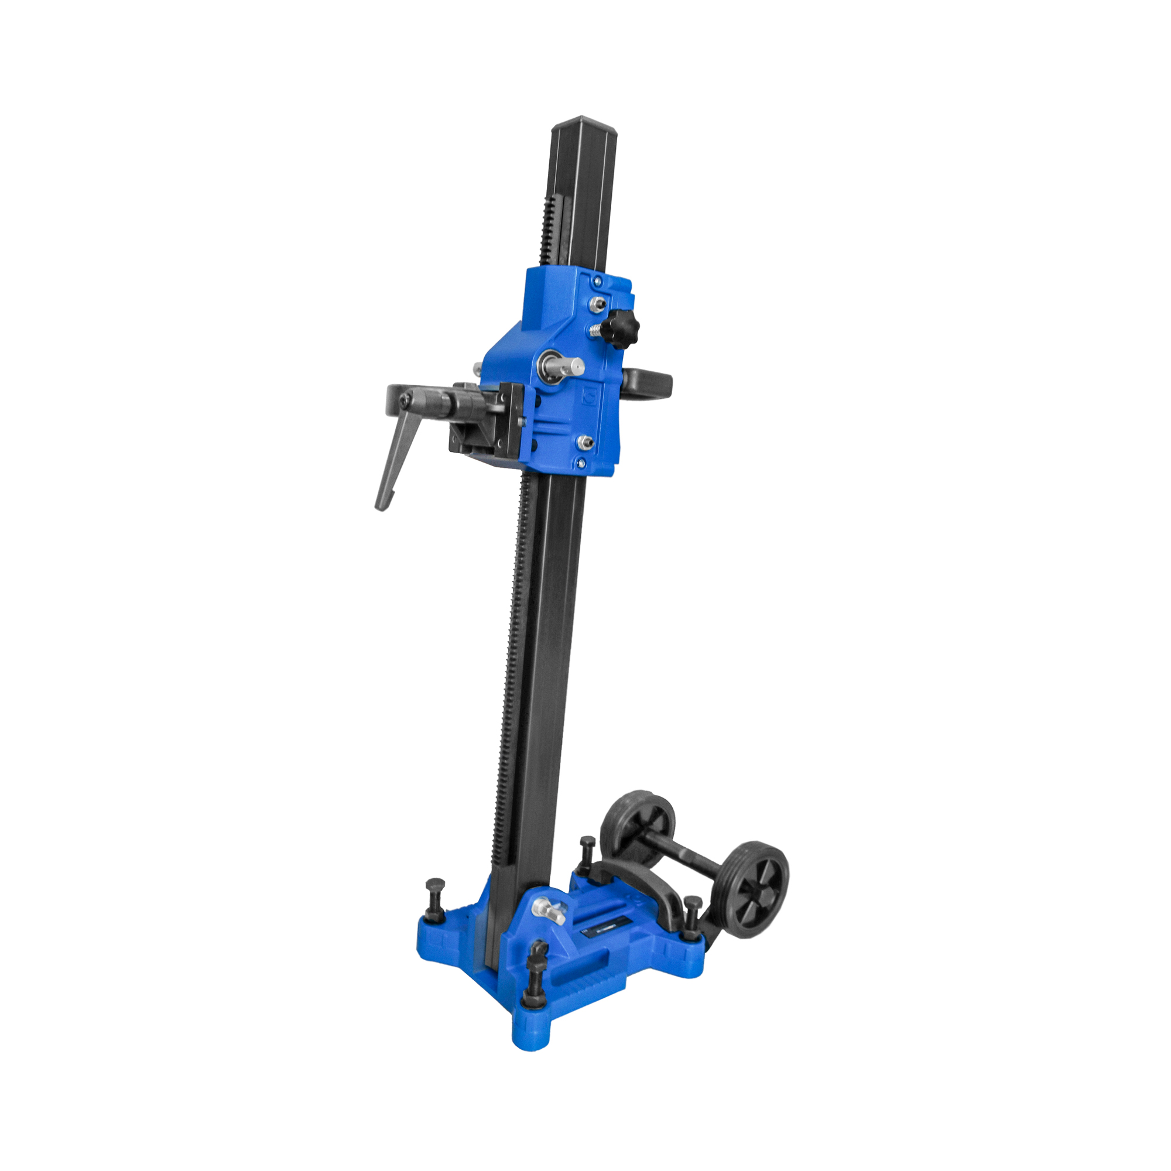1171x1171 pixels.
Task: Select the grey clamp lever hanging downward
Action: pyautogui.click(x=397, y=460)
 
